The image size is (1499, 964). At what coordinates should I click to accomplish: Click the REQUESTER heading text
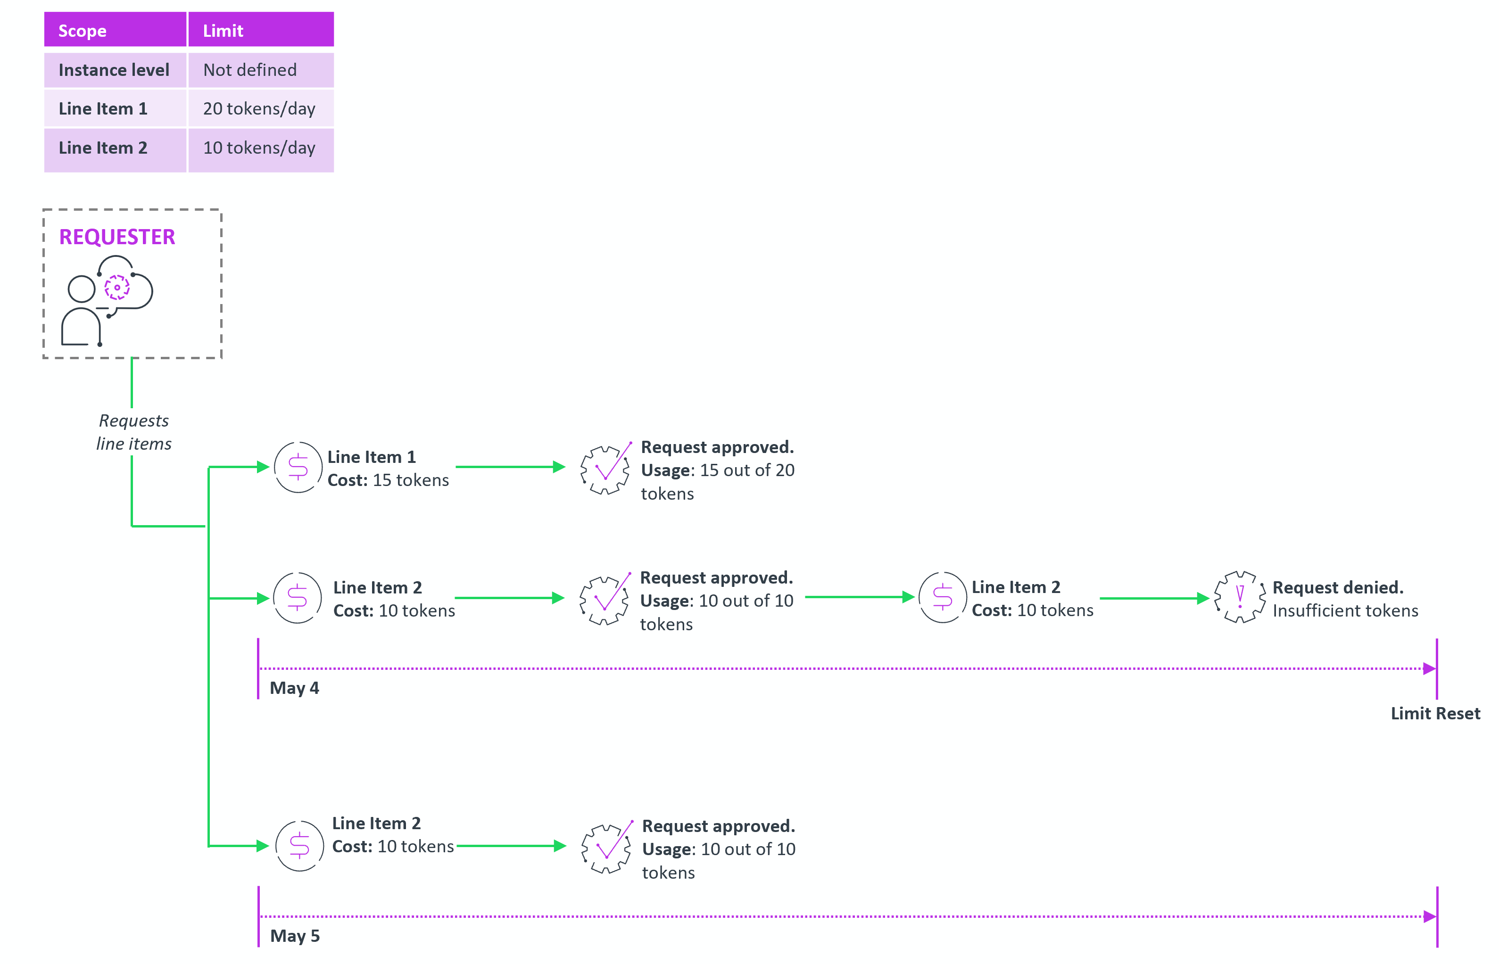117,237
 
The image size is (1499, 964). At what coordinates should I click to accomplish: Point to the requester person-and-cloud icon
107,300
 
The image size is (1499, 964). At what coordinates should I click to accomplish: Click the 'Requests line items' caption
133,432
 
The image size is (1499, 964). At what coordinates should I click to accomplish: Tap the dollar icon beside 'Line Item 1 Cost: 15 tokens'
298,467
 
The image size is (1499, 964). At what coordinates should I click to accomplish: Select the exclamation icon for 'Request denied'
1239,597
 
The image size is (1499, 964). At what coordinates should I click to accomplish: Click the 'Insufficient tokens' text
1345,610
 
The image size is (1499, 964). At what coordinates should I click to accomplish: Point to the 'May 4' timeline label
294,688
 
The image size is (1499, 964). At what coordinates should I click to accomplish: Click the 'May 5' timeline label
295,936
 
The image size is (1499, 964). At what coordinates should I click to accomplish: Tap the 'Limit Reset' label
1435,713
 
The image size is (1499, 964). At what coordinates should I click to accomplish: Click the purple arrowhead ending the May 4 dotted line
1429,668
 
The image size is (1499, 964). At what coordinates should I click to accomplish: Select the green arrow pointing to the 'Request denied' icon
1154,598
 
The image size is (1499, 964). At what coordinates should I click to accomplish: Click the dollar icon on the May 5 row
299,846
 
